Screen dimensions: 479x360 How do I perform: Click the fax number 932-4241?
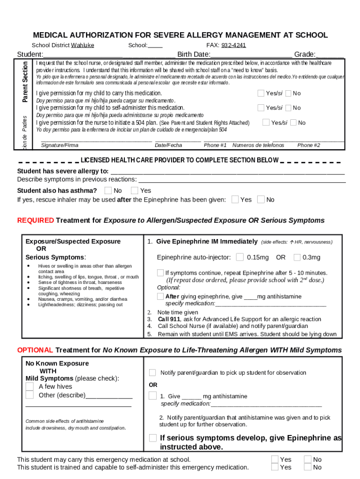click(234, 45)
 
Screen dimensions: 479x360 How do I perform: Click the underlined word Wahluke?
click(82, 45)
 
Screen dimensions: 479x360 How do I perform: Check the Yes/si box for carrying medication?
click(261, 93)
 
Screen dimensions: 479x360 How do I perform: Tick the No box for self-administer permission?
click(288, 108)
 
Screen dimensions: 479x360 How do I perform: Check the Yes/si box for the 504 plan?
click(266, 123)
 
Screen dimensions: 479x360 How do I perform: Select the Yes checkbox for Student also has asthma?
click(135, 190)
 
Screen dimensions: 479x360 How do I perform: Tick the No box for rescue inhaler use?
click(260, 200)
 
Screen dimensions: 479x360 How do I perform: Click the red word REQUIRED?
click(36, 220)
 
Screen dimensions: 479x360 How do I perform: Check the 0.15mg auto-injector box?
click(240, 257)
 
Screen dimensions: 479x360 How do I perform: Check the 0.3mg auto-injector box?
click(297, 257)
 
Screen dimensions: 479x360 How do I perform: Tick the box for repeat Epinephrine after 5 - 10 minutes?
click(160, 273)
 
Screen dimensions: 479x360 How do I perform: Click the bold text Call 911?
click(169, 319)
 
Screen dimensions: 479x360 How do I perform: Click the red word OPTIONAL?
click(36, 350)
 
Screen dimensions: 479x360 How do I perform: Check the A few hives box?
click(29, 386)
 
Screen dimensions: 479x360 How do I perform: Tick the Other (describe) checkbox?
click(29, 395)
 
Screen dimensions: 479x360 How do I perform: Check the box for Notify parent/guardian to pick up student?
click(152, 373)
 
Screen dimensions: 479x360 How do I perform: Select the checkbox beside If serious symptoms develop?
click(153, 438)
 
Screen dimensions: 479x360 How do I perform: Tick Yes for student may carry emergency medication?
click(275, 459)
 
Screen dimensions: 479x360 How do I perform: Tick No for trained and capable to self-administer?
click(308, 467)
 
